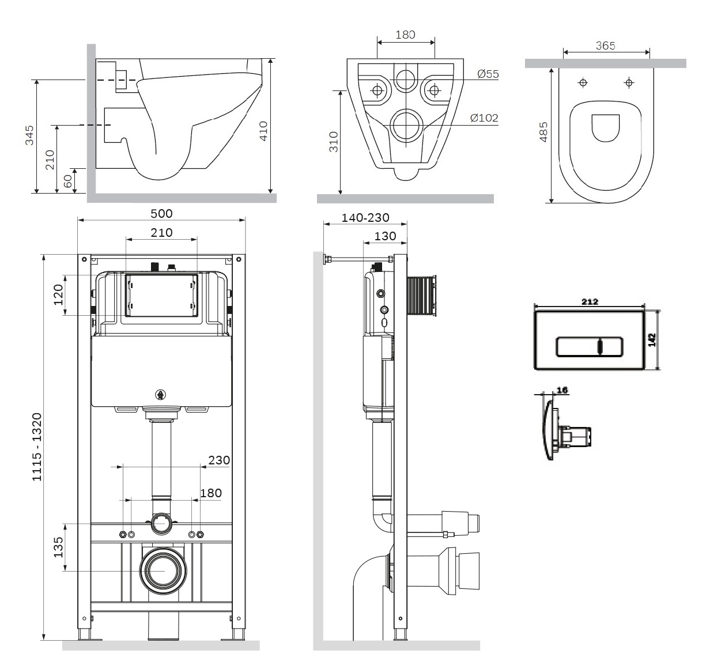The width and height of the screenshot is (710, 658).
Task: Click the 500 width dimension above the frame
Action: pos(161,214)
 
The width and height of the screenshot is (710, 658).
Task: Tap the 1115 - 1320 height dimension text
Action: pos(37,447)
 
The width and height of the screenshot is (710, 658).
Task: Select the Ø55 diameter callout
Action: pos(488,74)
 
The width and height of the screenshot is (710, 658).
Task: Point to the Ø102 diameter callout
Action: pos(484,118)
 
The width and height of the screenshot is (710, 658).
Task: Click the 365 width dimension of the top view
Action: pos(606,46)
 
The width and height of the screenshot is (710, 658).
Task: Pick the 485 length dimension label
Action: pos(543,132)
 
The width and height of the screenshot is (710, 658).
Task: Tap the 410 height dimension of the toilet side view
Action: pos(263,131)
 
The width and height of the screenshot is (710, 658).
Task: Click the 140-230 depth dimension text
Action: pos(365,217)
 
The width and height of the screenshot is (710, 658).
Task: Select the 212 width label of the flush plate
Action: pos(590,302)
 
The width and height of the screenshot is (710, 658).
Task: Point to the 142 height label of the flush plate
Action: pos(652,340)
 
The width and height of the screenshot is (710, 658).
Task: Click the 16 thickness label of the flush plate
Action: pos(562,390)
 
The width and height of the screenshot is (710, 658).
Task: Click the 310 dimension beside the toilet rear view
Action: pos(334,142)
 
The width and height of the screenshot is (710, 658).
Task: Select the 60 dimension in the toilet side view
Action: pos(67,181)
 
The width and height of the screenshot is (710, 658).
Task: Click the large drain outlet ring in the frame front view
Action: pos(163,571)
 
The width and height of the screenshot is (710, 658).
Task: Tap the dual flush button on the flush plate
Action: pos(590,347)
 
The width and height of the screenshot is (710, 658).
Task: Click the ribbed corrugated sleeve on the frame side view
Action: pos(421,297)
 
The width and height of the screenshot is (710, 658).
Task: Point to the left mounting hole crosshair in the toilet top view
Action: pos(583,83)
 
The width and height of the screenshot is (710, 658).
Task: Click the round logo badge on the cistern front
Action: pos(161,395)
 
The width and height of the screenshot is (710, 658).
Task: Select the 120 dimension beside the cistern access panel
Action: pos(58,294)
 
